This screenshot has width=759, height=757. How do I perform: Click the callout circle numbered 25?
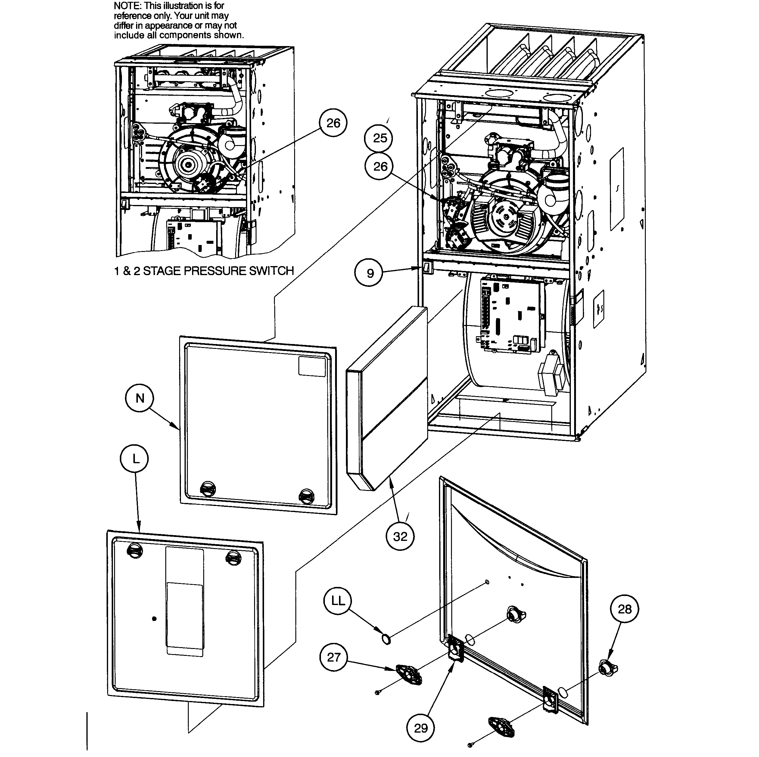point(380,138)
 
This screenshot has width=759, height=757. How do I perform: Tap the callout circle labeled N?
point(140,399)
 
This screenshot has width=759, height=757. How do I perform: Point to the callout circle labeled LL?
point(338,601)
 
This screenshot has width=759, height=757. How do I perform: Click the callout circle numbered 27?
point(334,657)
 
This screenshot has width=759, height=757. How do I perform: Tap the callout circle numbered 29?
point(421,728)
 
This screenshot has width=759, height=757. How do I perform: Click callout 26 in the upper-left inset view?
point(333,123)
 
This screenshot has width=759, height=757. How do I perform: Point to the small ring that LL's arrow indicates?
point(387,640)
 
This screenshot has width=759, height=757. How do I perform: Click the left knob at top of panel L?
point(134,551)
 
